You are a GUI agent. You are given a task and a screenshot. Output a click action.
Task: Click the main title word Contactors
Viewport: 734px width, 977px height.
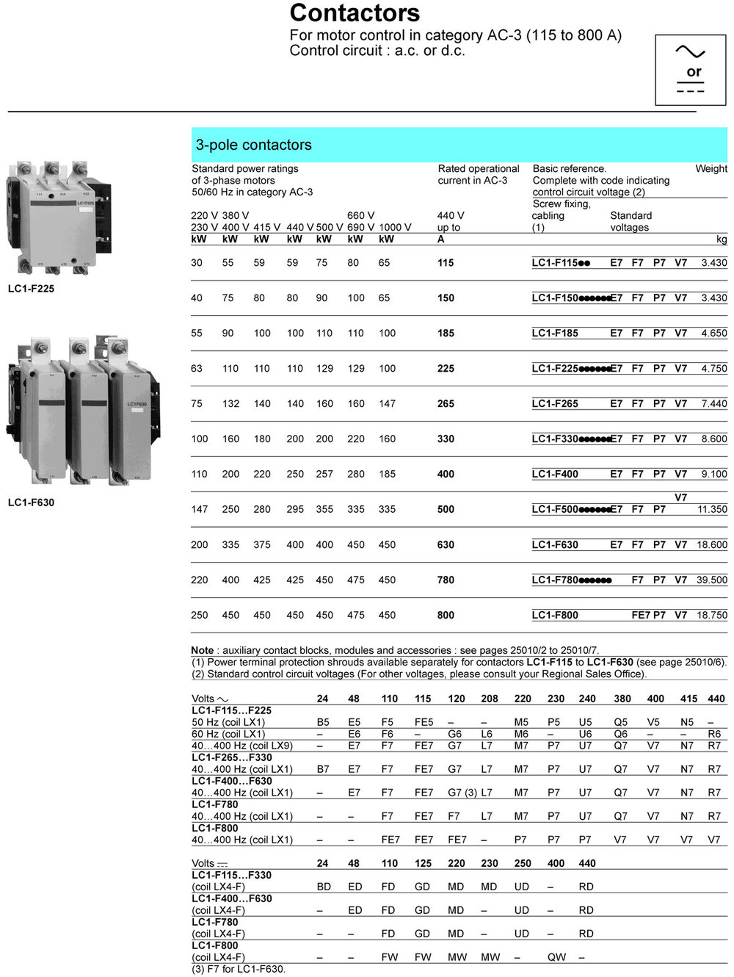(x=355, y=12)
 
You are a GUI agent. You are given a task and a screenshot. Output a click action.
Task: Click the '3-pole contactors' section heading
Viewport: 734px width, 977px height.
(x=253, y=145)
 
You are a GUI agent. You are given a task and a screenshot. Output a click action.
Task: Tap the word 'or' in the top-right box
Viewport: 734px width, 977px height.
(x=694, y=72)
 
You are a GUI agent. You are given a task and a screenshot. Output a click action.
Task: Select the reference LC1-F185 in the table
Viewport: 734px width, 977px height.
(x=555, y=333)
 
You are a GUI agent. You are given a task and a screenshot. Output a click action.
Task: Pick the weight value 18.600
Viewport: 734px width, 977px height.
(x=712, y=544)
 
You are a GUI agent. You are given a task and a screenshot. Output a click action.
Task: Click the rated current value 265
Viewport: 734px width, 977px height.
(x=446, y=403)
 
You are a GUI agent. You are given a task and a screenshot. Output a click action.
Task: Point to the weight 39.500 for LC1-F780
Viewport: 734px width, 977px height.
(x=712, y=580)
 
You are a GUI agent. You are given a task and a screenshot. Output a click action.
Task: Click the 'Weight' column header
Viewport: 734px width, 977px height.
(x=711, y=168)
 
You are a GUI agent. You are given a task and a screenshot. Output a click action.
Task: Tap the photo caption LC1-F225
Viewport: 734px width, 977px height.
(x=31, y=289)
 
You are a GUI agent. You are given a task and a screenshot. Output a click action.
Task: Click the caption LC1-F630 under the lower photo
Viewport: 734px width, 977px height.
(x=31, y=502)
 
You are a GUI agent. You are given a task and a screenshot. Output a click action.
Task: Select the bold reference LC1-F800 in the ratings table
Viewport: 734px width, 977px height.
(x=555, y=615)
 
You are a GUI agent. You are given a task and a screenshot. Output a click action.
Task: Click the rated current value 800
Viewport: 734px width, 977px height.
(x=446, y=615)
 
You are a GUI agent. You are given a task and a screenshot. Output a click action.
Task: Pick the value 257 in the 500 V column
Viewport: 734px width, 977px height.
(x=324, y=474)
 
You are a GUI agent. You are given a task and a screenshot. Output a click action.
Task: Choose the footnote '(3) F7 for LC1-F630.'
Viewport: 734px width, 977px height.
(x=239, y=969)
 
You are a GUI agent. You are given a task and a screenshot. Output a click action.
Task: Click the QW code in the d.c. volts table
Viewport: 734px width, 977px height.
(x=556, y=957)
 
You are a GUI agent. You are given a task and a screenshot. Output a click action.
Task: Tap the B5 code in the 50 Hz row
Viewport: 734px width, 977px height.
(x=323, y=722)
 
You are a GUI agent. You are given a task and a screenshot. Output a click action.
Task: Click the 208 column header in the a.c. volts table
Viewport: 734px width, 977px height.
(x=489, y=699)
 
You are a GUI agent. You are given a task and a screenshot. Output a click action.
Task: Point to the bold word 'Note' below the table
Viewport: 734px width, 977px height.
(x=202, y=650)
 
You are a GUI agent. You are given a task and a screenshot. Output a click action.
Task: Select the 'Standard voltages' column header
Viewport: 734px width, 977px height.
(x=631, y=221)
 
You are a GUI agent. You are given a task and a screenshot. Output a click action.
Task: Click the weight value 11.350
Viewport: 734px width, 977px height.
(x=712, y=509)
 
